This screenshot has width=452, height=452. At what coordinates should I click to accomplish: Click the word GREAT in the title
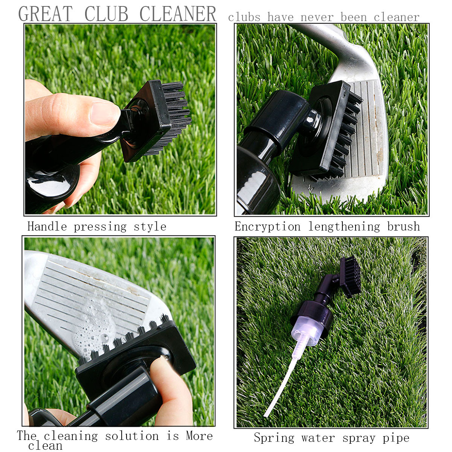(45, 14)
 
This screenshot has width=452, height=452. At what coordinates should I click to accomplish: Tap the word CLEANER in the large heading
(178, 14)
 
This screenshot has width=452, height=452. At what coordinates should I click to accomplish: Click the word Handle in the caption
(47, 226)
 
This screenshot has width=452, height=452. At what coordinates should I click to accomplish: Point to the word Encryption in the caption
(267, 226)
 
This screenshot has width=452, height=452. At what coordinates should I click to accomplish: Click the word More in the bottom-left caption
(199, 436)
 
